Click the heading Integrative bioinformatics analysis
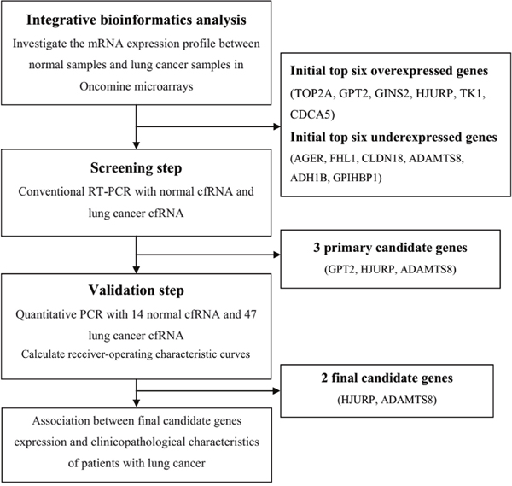[x=137, y=20]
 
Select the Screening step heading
[x=137, y=168]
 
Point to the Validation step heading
[x=137, y=290]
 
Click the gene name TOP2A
[x=313, y=94]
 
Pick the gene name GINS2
[x=392, y=94]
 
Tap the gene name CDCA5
[x=311, y=114]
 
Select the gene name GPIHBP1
[x=355, y=178]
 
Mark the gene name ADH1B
[x=309, y=178]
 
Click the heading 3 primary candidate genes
[x=390, y=248]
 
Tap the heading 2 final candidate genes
[x=387, y=378]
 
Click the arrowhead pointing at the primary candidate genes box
[x=276, y=255]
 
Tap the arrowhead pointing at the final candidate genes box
[x=276, y=390]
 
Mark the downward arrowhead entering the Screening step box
[x=137, y=145]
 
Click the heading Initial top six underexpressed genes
[x=393, y=138]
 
